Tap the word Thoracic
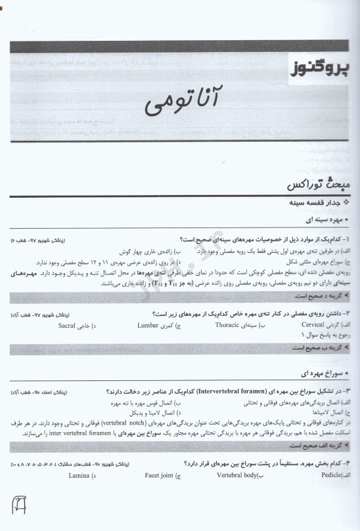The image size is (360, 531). point(227,324)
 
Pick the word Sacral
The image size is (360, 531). point(67,324)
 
